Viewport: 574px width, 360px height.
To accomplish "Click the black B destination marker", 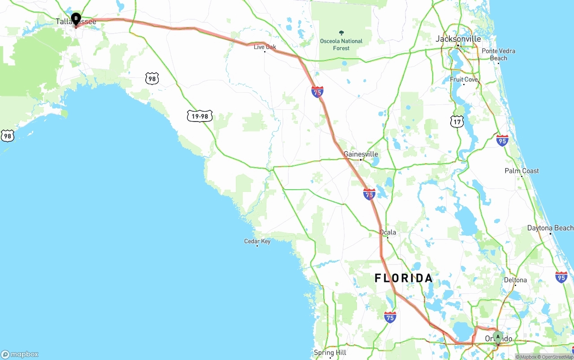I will pos(76,19).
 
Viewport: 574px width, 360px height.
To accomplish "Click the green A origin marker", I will pos(497,337).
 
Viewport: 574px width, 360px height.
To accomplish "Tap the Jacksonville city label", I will pos(458,39).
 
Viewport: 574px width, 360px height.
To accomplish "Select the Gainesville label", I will pos(361,154).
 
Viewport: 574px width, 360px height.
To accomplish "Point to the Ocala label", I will pos(387,232).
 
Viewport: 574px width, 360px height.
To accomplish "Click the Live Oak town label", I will pos(265,47).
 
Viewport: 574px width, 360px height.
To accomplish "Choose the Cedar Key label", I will pos(257,241).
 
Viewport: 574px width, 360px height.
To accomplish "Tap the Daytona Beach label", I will pos(550,228).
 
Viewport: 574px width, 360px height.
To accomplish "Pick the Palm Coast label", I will pos(522,171).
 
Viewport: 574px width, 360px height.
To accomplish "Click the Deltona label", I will pos(515,280).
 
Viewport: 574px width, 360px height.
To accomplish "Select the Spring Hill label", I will pos(330,353).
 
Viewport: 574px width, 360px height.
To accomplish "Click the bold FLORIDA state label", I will pos(404,278).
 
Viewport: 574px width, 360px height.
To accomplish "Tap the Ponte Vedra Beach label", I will pos(498,54).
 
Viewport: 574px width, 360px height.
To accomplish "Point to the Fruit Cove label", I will pos(464,79).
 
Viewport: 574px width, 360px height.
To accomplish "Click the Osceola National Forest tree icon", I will pos(341,33).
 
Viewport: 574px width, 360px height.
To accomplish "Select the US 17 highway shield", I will pos(457,121).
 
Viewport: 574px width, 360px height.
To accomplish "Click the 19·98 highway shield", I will pos(200,117).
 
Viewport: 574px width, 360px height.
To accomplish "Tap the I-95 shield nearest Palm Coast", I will pos(502,140).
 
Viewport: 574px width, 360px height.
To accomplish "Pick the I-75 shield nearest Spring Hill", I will pos(390,317).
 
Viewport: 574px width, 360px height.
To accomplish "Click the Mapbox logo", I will pos(20,354).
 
